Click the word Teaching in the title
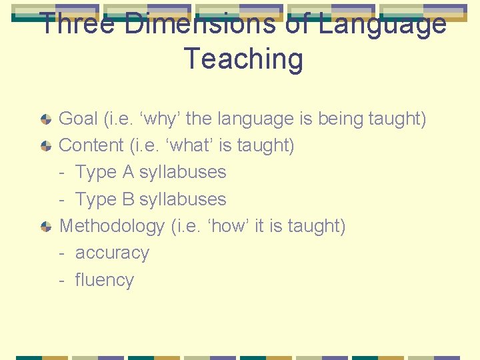243,59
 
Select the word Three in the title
78,24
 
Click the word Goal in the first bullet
78,119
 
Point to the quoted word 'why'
159,119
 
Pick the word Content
92,145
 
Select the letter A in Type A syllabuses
128,172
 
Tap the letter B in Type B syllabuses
128,199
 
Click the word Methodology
111,227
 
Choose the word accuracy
112,253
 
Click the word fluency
105,280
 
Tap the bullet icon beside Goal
45,119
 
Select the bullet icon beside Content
45,146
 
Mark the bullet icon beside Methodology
45,227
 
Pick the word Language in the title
382,24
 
